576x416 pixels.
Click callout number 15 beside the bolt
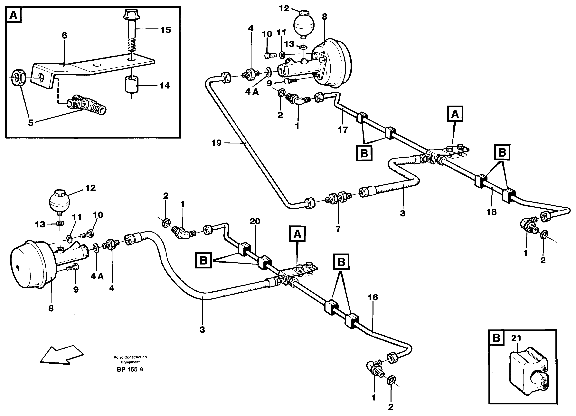point(165,30)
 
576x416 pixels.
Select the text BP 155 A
point(130,369)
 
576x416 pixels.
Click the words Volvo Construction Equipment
point(130,359)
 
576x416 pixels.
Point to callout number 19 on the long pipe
point(216,143)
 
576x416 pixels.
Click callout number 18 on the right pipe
point(491,212)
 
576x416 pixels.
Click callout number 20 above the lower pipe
point(255,221)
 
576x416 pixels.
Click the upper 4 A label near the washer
point(252,92)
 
